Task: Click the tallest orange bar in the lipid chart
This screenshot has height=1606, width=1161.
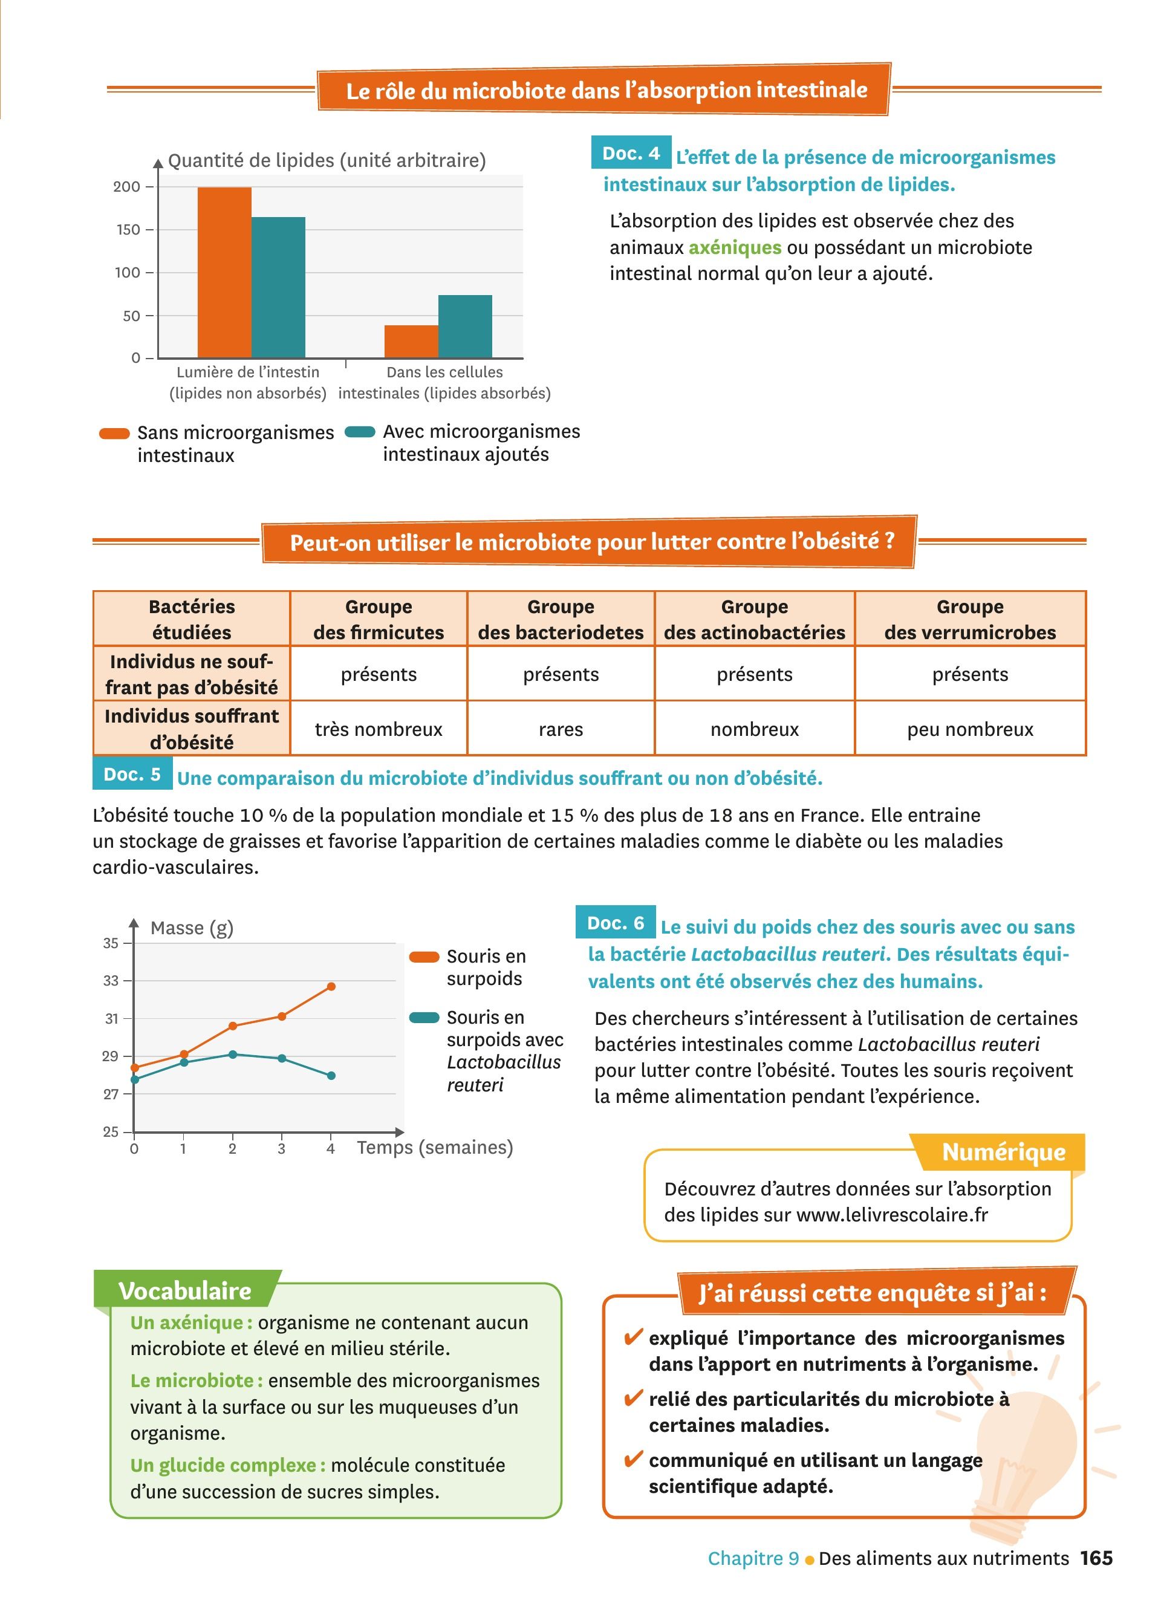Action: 224,273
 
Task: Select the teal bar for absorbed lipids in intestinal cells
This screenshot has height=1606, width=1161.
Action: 464,327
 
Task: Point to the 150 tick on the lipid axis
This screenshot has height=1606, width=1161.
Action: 128,229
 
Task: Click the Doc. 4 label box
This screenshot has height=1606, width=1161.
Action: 630,153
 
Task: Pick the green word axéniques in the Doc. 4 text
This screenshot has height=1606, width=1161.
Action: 735,248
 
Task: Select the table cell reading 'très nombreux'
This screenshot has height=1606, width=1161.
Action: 378,729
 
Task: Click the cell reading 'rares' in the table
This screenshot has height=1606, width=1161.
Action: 561,729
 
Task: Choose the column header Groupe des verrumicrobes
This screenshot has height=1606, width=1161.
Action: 969,619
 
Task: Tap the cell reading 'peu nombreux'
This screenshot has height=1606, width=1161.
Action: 969,729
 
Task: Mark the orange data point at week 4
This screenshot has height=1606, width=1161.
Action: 331,986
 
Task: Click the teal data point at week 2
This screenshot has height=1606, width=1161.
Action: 233,1055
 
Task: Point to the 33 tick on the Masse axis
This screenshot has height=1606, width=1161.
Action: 111,981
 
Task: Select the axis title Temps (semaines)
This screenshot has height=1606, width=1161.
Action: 435,1147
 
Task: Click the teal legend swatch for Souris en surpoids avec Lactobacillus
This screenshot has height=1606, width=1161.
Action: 424,1018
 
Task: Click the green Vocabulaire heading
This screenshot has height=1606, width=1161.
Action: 185,1291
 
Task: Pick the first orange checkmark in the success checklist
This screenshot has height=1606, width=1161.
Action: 632,1338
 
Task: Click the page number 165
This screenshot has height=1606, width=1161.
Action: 1096,1558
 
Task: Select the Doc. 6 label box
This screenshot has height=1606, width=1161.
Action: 615,923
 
